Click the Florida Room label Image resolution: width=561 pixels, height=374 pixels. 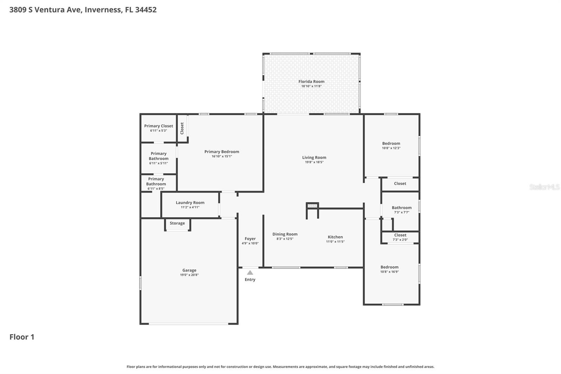311,81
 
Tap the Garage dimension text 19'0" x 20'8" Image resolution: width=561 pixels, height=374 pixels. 189,275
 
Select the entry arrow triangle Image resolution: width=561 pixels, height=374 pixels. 250,273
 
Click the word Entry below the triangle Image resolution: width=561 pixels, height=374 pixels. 250,280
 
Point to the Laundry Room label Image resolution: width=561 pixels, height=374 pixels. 190,202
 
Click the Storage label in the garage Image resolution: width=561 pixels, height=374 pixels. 177,223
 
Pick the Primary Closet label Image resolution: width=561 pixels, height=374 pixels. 158,126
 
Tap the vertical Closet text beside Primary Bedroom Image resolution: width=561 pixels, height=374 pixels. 182,128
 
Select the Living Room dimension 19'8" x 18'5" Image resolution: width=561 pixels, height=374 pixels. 314,162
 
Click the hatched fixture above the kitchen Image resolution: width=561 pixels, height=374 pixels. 312,206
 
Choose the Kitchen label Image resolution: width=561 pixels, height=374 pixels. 335,237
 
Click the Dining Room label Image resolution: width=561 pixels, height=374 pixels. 285,234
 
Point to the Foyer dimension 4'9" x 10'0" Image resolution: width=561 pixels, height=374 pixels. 250,243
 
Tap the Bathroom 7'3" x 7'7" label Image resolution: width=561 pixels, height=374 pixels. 401,208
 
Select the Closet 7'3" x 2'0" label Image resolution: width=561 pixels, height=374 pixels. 400,235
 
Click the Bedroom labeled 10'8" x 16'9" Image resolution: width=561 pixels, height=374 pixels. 390,267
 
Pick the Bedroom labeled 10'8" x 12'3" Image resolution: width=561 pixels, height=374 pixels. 391,143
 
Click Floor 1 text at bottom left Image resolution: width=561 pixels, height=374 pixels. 22,337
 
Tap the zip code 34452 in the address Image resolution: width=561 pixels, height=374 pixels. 146,9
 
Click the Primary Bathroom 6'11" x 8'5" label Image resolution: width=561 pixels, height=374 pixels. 156,181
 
